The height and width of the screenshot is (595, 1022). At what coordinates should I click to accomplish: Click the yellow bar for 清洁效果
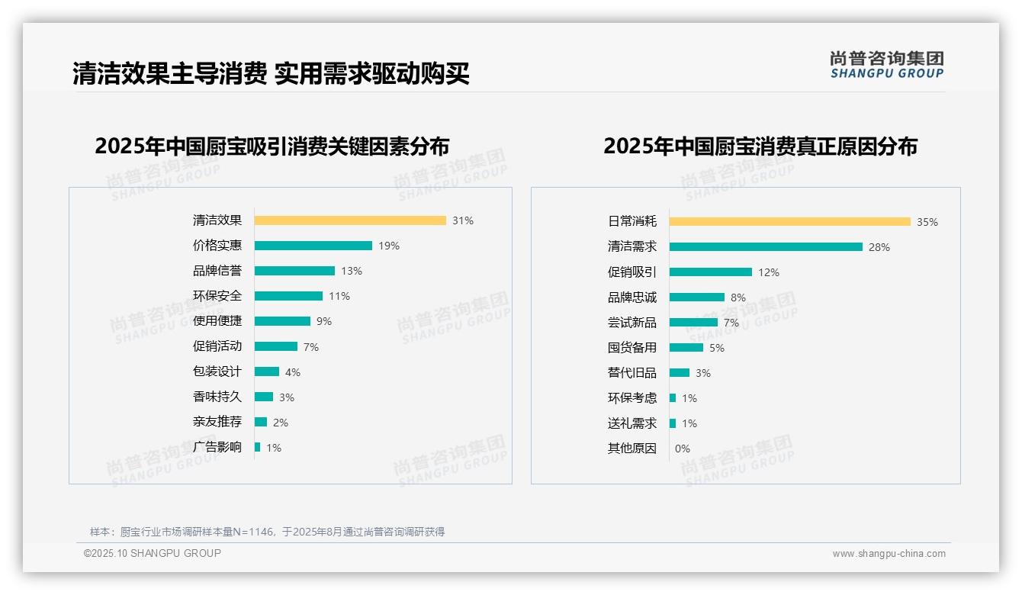click(x=350, y=220)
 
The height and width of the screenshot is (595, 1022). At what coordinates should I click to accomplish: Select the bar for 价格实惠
click(x=313, y=246)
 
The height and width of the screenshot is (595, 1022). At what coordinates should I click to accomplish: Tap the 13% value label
click(x=352, y=271)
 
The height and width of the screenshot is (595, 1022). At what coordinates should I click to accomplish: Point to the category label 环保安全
click(x=217, y=296)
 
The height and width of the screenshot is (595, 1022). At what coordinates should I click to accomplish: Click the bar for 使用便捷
click(x=282, y=321)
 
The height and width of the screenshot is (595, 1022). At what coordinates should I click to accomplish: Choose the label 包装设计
click(x=217, y=371)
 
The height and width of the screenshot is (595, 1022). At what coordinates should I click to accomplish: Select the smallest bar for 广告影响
click(x=258, y=447)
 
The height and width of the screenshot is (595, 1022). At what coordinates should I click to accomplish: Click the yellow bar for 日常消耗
click(x=790, y=222)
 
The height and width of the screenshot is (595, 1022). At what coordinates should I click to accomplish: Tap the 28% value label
click(x=879, y=247)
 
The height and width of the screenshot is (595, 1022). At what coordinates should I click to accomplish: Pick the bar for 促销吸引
click(x=711, y=272)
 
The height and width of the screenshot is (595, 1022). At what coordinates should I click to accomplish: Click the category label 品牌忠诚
click(x=632, y=297)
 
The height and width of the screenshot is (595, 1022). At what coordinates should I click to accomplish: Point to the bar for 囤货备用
click(x=686, y=348)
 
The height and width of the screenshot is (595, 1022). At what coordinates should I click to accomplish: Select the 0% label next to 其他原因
click(x=683, y=449)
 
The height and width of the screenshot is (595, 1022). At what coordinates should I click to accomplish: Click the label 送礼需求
click(x=632, y=423)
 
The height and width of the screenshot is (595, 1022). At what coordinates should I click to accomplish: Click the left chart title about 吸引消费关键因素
click(x=272, y=146)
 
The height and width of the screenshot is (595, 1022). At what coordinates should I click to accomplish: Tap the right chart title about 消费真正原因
click(x=760, y=146)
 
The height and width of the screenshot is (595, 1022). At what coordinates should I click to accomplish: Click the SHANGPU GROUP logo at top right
click(x=886, y=65)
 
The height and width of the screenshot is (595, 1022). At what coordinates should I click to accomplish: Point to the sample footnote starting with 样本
click(x=267, y=532)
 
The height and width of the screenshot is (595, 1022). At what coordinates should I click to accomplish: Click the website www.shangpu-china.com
click(x=889, y=554)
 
